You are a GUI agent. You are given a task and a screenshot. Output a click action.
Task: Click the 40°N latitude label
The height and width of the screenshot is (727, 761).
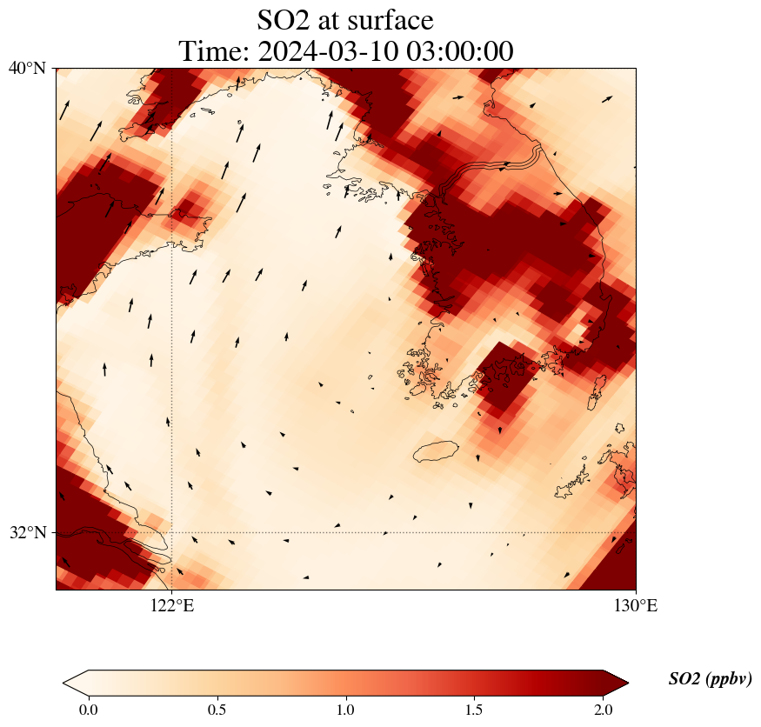pos(28,68)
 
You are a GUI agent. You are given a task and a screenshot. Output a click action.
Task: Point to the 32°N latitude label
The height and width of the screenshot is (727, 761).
pos(28,532)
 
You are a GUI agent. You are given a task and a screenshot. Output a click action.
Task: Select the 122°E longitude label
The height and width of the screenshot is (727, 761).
pos(171,606)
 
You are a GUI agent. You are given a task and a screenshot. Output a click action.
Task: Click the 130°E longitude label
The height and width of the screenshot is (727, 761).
pos(636,606)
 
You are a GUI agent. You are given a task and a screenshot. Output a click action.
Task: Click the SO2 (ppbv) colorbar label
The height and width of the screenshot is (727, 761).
pos(710,679)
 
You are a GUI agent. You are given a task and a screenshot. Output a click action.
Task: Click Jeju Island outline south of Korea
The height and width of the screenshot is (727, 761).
pos(436,451)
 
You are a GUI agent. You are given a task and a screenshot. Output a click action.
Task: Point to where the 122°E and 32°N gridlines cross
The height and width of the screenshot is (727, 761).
pos(171,532)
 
